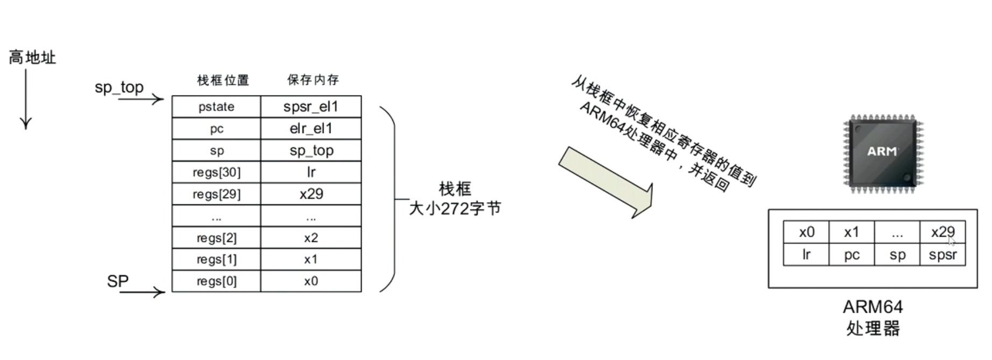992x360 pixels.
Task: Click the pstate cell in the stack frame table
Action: coord(216,107)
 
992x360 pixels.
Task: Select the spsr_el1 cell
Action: coord(311,107)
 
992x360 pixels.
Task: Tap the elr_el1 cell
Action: coord(311,129)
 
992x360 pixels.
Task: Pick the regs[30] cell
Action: coord(216,172)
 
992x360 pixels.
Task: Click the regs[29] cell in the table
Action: coord(216,194)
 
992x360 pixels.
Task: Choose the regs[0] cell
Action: coord(216,281)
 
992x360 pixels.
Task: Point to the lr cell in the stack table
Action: coord(311,172)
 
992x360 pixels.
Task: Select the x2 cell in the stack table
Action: coord(311,238)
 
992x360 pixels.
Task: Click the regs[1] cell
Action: coord(216,260)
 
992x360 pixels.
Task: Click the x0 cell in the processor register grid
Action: coord(806,232)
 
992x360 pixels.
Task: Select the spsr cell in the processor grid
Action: coord(943,255)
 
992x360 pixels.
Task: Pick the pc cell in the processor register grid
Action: coord(852,255)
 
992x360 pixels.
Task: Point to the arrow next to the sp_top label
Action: coord(141,99)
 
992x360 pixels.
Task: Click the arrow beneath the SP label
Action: coord(142,292)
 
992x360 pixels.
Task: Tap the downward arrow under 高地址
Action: coord(25,99)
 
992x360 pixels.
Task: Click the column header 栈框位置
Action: coord(223,80)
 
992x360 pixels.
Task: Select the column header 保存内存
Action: coord(313,80)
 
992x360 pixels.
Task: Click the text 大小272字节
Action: coord(455,208)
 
